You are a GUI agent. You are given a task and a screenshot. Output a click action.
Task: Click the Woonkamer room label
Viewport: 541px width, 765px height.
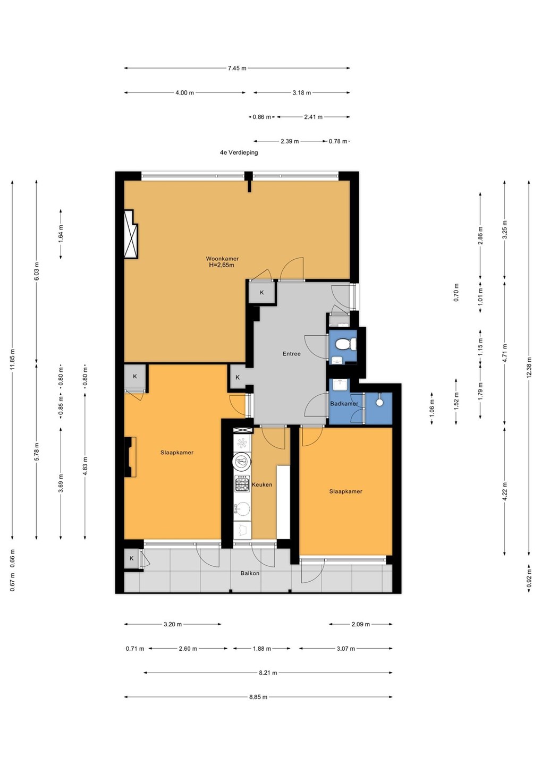pyautogui.click(x=222, y=259)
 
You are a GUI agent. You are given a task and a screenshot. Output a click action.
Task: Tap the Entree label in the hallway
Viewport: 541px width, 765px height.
pyautogui.click(x=291, y=353)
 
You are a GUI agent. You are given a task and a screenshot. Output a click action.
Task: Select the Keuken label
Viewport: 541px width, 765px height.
pyautogui.click(x=262, y=484)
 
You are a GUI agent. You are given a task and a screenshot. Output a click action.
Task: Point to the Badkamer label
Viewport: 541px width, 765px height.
pyautogui.click(x=344, y=403)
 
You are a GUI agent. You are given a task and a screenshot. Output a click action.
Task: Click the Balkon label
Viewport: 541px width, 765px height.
pyautogui.click(x=250, y=573)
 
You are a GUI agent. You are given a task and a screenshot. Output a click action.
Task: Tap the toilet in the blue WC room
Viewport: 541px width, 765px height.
pyautogui.click(x=345, y=344)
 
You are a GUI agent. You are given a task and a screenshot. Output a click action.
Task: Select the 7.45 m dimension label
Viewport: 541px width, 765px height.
pyautogui.click(x=237, y=68)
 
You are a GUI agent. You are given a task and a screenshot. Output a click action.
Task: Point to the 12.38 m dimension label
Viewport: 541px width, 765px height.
pyautogui.click(x=529, y=367)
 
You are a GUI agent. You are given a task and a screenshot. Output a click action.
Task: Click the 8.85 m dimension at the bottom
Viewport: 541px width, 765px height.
pyautogui.click(x=258, y=696)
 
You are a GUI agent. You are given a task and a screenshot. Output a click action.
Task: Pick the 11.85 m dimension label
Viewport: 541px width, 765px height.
pyautogui.click(x=13, y=360)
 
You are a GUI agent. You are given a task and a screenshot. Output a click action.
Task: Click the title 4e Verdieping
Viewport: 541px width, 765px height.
pyautogui.click(x=239, y=152)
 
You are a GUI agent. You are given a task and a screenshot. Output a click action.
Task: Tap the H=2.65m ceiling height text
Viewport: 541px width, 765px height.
pyautogui.click(x=222, y=265)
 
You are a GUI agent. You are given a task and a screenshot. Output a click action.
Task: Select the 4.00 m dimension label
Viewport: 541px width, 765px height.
pyautogui.click(x=185, y=92)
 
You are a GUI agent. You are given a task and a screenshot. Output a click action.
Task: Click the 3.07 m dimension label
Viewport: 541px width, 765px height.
pyautogui.click(x=345, y=648)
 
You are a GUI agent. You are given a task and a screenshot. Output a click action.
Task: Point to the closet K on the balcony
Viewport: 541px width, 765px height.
pyautogui.click(x=131, y=558)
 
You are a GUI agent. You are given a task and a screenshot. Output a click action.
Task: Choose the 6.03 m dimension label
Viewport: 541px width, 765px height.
pyautogui.click(x=37, y=271)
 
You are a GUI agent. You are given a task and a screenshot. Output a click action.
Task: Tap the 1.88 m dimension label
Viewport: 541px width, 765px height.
pyautogui.click(x=262, y=648)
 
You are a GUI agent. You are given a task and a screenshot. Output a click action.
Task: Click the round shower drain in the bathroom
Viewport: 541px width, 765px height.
pyautogui.click(x=379, y=402)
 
